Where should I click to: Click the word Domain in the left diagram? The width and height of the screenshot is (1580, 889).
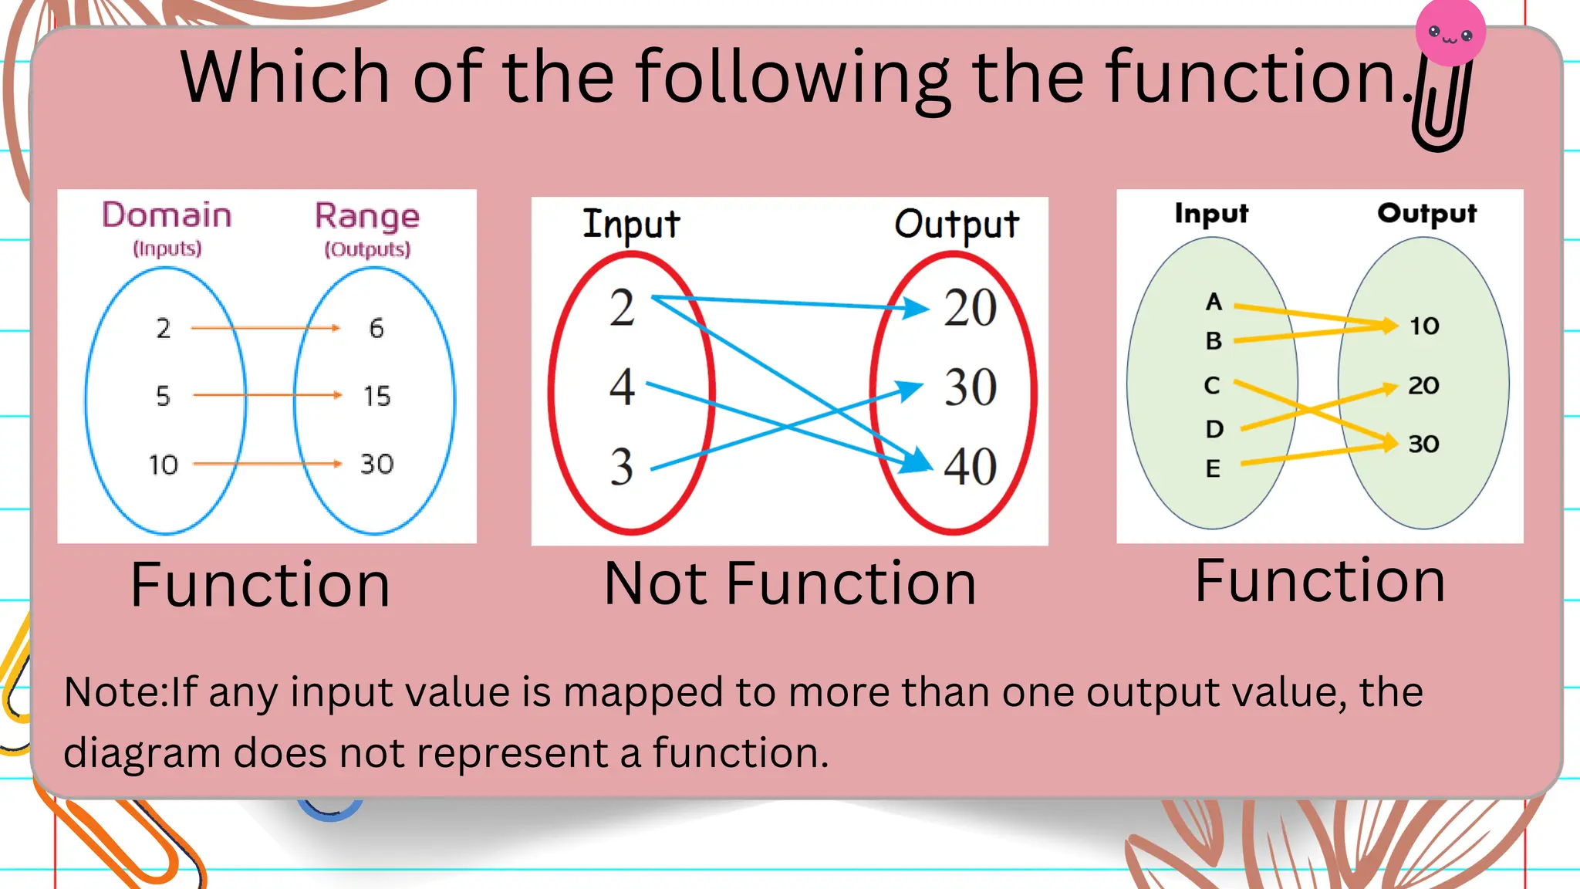click(167, 215)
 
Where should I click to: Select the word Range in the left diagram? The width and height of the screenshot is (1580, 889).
click(367, 217)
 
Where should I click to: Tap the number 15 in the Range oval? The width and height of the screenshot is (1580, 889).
click(377, 397)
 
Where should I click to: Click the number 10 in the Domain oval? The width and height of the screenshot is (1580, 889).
click(163, 465)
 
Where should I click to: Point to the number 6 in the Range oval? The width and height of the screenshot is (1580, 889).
click(376, 329)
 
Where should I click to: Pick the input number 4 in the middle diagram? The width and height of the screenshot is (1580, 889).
click(622, 387)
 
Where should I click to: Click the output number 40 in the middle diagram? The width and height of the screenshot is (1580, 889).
click(971, 467)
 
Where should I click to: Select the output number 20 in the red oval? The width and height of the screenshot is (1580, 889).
click(971, 309)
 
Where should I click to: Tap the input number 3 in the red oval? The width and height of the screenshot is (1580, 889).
click(622, 467)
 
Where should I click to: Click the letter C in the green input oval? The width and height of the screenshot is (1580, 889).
click(1212, 385)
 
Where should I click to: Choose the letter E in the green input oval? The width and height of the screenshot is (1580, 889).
click(1213, 468)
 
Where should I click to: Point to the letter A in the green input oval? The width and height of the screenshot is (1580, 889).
click(1214, 302)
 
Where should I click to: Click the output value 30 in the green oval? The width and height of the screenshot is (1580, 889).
click(1423, 444)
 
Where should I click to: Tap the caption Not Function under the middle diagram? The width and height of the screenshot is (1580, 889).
click(790, 583)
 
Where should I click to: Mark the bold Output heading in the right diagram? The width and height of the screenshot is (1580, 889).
click(1426, 213)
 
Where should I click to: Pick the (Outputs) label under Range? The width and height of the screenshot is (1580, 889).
click(367, 249)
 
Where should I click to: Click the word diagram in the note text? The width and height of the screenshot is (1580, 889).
click(142, 752)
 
